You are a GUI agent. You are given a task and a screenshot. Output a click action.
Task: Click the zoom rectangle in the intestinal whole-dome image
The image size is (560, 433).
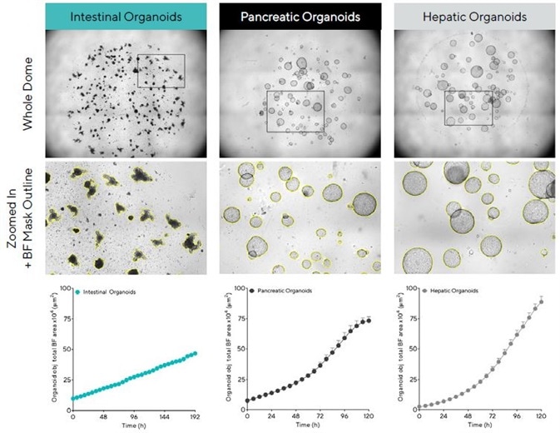[x=161, y=72]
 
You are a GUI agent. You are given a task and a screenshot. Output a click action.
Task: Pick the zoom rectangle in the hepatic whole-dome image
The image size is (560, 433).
[x=468, y=108]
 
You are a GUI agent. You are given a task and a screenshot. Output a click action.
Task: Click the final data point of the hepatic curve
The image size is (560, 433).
[x=541, y=301]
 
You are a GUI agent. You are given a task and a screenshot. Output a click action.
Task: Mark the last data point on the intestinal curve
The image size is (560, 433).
[x=196, y=353]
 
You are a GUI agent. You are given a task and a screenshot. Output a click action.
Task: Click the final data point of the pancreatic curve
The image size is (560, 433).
[x=368, y=320]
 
